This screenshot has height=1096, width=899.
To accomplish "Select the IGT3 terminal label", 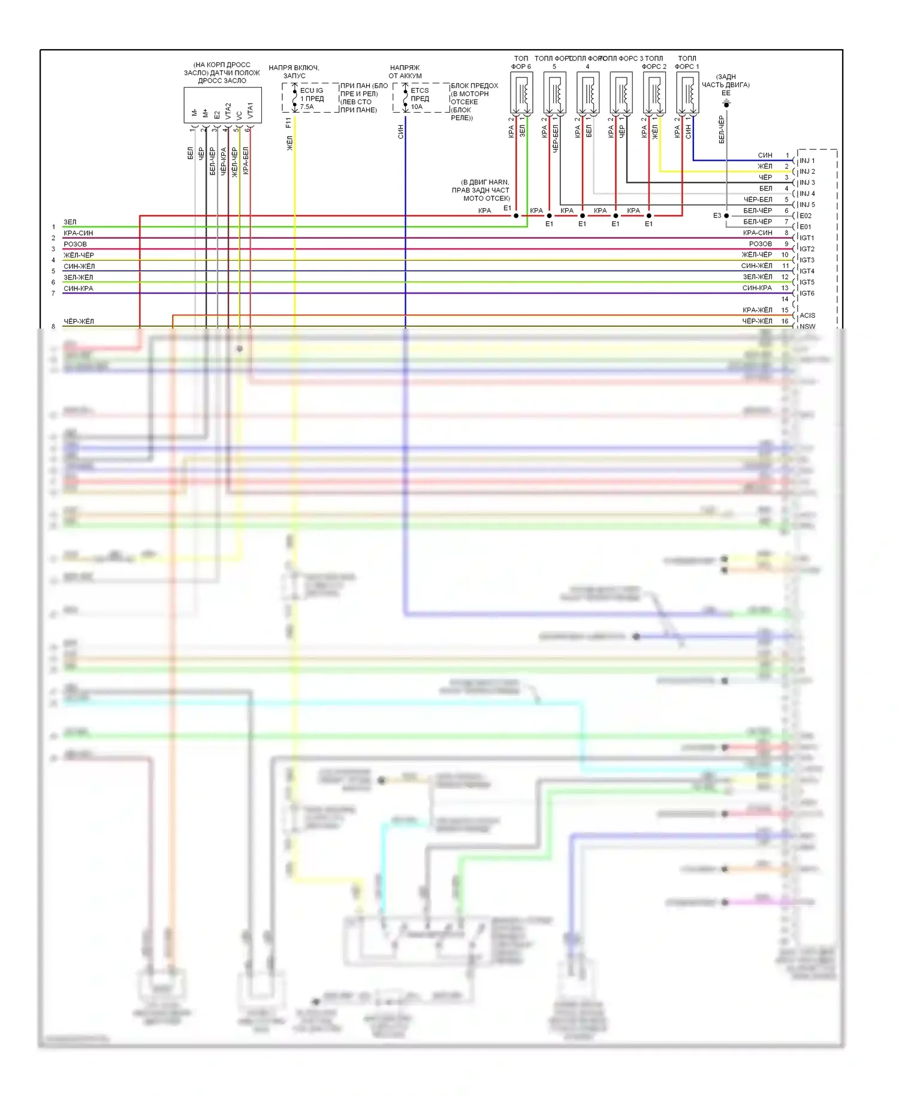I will tap(807, 260).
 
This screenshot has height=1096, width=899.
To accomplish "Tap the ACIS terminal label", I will tap(807, 315).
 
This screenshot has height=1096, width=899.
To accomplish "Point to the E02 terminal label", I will tap(806, 216).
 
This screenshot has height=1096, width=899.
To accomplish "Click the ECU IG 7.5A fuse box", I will tap(310, 98).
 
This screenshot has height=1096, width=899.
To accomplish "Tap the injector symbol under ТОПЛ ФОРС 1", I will tap(687, 94).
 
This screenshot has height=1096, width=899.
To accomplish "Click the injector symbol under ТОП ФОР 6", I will tap(521, 94).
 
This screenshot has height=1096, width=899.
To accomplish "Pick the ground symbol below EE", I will tap(726, 104).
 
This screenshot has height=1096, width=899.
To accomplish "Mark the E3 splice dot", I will tap(726, 216).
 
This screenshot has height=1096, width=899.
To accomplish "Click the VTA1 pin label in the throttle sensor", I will tap(250, 110).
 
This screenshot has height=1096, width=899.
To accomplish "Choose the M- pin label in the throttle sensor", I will tap(194, 113).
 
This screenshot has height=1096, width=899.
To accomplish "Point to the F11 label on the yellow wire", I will tap(288, 123).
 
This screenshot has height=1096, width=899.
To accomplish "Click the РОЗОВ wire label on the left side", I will tap(75, 244).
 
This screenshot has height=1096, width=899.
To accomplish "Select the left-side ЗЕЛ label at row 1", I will tap(70, 222).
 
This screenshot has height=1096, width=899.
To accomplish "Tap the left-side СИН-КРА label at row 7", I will tap(79, 288).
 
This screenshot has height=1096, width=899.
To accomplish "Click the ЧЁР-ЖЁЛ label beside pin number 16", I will tap(758, 321).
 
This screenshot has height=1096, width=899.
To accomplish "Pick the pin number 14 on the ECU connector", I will tap(785, 299).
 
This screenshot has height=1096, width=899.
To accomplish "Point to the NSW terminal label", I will tap(807, 327).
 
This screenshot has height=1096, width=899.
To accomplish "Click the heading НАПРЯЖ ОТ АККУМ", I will tap(405, 72).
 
